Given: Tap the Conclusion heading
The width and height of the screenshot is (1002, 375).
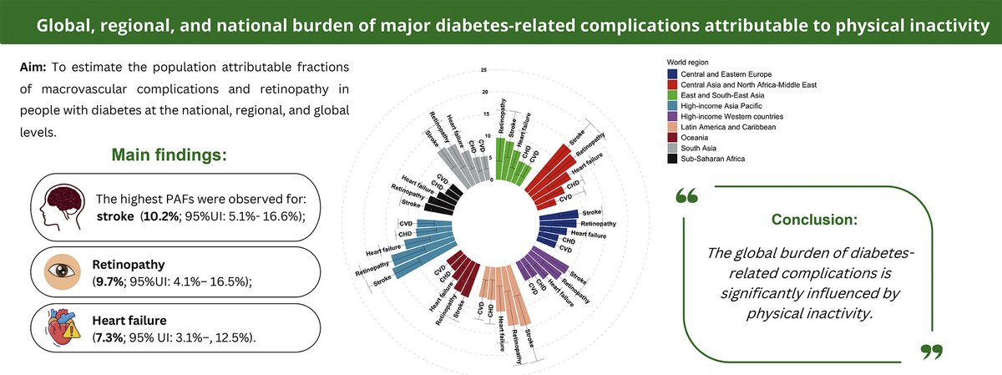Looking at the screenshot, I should point(815,221).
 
